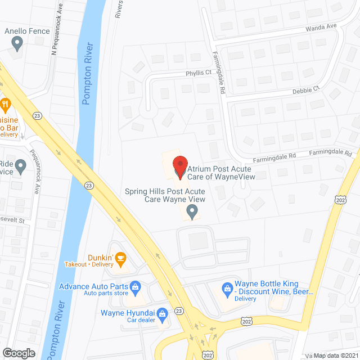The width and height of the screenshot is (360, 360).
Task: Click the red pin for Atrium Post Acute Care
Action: (x=179, y=167)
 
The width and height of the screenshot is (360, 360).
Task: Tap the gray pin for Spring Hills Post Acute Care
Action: (x=192, y=212)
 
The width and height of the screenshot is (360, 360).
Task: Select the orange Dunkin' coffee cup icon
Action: (x=120, y=258)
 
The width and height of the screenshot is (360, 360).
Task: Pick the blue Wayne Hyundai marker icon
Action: (x=162, y=313)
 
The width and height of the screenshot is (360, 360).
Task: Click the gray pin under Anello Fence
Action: (x=17, y=42)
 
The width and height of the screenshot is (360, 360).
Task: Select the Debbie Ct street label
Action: (x=306, y=89)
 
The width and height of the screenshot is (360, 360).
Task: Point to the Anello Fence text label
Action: (x=26, y=31)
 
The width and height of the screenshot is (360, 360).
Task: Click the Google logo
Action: (x=19, y=353)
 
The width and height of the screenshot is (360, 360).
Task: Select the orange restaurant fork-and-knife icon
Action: (x=5, y=103)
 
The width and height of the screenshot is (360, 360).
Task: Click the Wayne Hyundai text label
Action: (x=128, y=313)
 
